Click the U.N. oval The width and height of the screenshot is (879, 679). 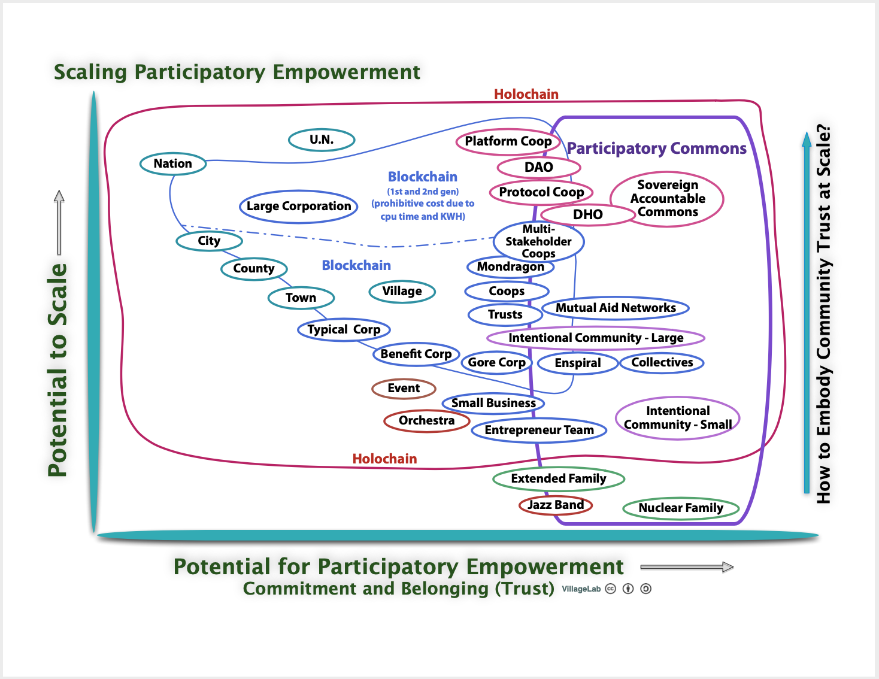click(x=322, y=140)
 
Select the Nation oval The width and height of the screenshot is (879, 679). click(x=173, y=163)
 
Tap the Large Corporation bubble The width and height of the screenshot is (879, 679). click(x=299, y=207)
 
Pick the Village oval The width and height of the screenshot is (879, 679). click(x=402, y=292)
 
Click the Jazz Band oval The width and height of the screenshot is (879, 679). click(x=556, y=505)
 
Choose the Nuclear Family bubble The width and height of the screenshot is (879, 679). click(x=681, y=508)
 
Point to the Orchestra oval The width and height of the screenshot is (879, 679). click(x=426, y=421)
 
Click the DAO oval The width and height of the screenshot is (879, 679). click(x=538, y=168)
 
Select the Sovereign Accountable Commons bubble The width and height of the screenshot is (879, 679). click(x=667, y=199)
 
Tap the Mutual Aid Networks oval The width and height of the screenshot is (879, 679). click(x=616, y=308)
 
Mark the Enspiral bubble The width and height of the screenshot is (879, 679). click(x=577, y=363)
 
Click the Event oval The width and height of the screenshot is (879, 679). click(x=404, y=389)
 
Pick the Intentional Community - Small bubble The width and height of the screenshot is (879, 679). click(x=678, y=418)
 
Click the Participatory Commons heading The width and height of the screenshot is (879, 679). click(x=656, y=148)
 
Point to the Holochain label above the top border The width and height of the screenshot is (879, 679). click(x=526, y=94)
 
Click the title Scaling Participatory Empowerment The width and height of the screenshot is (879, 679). click(x=237, y=72)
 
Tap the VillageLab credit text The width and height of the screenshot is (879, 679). click(x=581, y=589)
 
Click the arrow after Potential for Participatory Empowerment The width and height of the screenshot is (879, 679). click(x=687, y=567)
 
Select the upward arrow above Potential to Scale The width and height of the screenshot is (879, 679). click(x=59, y=222)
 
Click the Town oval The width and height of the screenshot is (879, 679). click(x=301, y=298)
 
